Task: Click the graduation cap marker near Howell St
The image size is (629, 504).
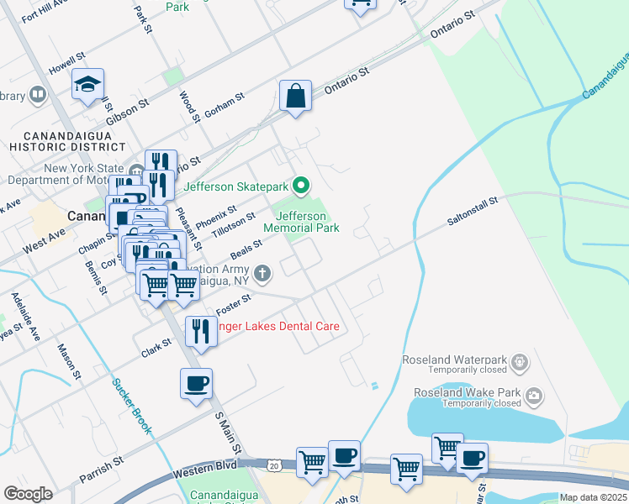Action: [x=87, y=85]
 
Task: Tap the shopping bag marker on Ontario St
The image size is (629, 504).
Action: [x=296, y=96]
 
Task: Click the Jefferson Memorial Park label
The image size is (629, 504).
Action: [x=301, y=222]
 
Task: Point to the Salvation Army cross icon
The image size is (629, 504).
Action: [x=263, y=272]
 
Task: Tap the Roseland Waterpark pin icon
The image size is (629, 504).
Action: [x=521, y=362]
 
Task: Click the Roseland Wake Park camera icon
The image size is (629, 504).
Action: [x=533, y=395]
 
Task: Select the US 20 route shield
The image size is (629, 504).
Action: [x=274, y=464]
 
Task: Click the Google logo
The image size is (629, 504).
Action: [x=28, y=494]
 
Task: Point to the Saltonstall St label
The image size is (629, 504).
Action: [x=473, y=211]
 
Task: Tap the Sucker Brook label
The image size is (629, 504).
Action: [x=132, y=405]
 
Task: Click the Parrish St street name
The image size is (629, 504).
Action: [x=102, y=470]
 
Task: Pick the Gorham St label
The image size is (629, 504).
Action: [x=223, y=105]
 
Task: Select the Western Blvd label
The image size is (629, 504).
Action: [x=205, y=470]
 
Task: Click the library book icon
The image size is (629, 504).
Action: [x=37, y=95]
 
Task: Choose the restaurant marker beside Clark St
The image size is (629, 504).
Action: [x=199, y=330]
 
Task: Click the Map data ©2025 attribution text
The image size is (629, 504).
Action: [x=592, y=497]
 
